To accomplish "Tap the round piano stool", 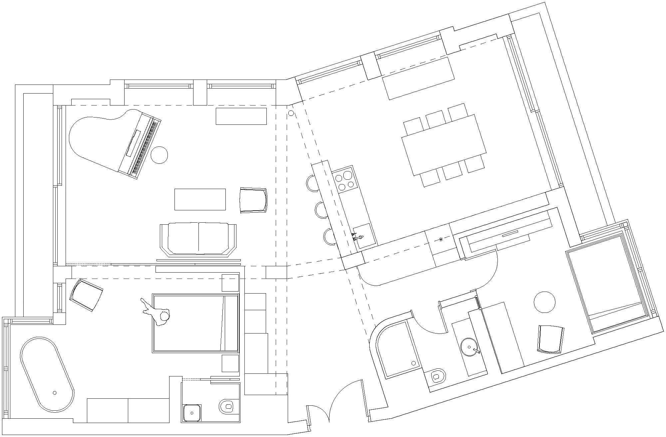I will tap(159, 155).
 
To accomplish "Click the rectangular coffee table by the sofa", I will tap(200, 199).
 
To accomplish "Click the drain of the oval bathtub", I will tap(55, 393).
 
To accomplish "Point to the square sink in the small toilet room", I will tap(192, 413).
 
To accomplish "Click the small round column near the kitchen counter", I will tap(291, 113).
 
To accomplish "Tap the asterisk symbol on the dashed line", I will tap(441, 239).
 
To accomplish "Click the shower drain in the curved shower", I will tap(413, 363).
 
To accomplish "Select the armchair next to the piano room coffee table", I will tap(253, 200).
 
